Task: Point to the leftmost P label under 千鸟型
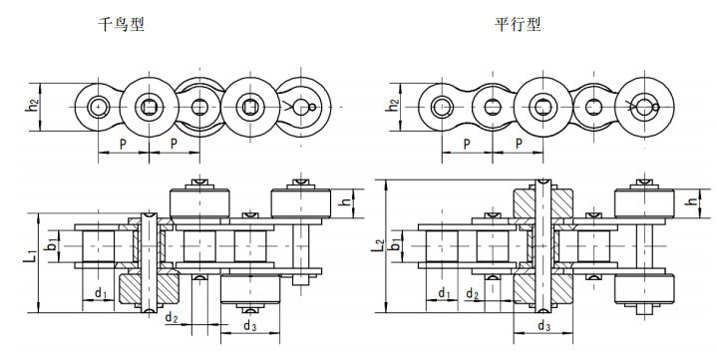[122, 144]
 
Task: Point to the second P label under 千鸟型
[174, 144]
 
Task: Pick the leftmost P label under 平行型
[467, 144]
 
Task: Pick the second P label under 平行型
[519, 144]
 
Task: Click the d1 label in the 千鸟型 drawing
[101, 293]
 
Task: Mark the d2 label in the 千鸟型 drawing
[172, 318]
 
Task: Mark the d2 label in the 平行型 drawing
[473, 294]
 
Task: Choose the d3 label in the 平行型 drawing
[543, 326]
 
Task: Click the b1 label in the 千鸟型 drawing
[52, 242]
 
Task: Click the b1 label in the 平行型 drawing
[396, 242]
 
